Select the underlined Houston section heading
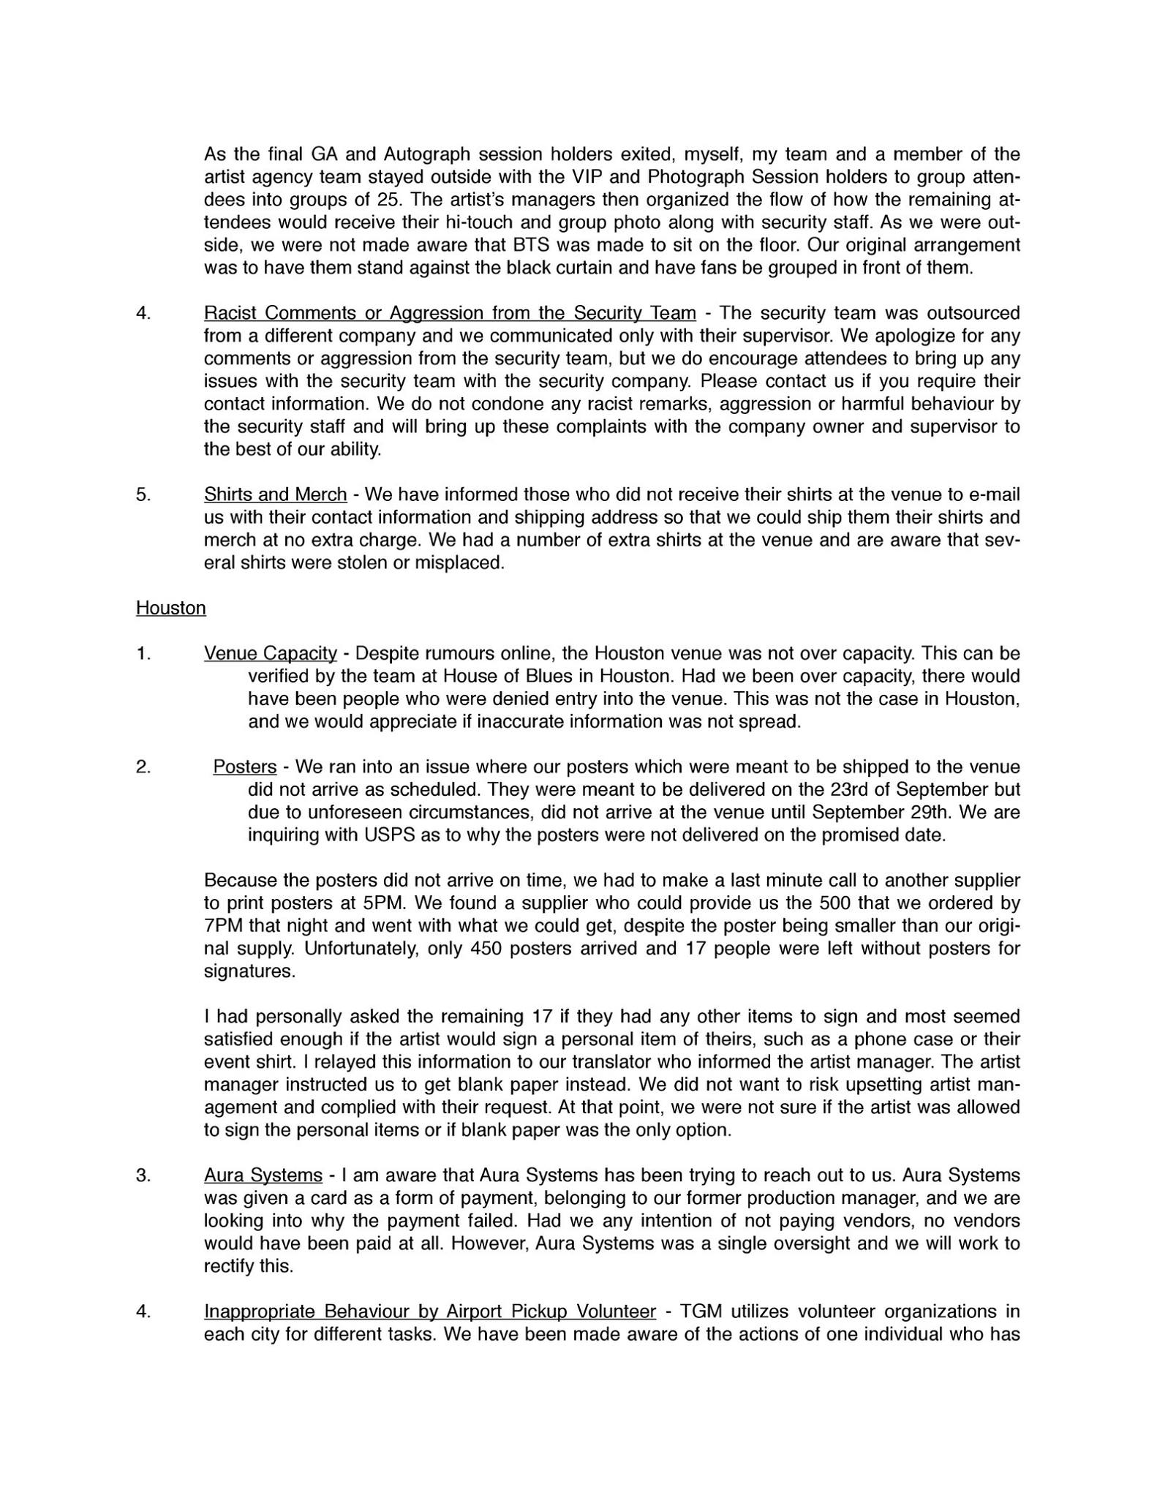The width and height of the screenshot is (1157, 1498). pyautogui.click(x=170, y=608)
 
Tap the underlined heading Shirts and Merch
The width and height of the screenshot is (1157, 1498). pyautogui.click(x=275, y=494)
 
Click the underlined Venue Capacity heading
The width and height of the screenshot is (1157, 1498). pyautogui.click(x=270, y=653)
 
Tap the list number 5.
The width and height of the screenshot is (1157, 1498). pyautogui.click(x=143, y=494)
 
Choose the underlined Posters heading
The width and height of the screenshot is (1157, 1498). pyautogui.click(x=244, y=767)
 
